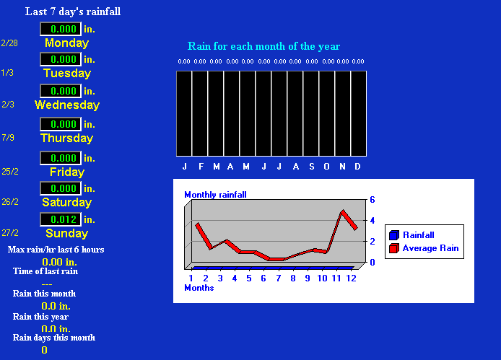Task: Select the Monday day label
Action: (67, 43)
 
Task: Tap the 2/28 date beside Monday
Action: (9, 43)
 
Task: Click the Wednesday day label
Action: (67, 105)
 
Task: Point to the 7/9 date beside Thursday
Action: (8, 138)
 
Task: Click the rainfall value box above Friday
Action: (61, 158)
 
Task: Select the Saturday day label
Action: (67, 202)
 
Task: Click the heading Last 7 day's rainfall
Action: (73, 12)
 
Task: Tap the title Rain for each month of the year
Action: (263, 46)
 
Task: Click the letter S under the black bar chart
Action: (312, 167)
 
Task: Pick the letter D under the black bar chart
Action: (357, 167)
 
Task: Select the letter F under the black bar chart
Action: (201, 167)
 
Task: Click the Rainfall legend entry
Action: (412, 235)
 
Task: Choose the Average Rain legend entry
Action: (424, 248)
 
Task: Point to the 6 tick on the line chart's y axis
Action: (373, 200)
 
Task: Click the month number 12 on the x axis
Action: (351, 278)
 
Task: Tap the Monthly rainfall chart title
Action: (215, 195)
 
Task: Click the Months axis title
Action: (199, 288)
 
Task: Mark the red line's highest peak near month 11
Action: (343, 211)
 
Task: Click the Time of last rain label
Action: (45, 271)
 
